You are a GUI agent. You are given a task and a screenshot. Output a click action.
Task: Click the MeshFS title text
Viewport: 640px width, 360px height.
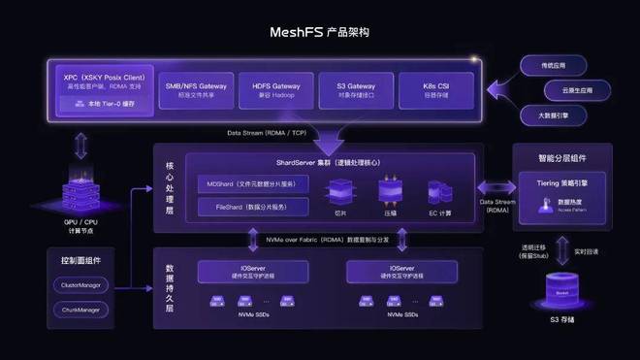coord(319,32)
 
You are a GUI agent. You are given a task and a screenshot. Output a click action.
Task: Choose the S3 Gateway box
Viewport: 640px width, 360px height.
coord(357,90)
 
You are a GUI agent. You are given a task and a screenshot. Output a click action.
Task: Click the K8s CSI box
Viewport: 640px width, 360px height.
coord(435,90)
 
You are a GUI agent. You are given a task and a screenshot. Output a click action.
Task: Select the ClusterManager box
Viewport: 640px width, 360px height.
coord(83,286)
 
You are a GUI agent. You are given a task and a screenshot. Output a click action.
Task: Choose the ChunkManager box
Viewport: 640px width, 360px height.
coord(83,310)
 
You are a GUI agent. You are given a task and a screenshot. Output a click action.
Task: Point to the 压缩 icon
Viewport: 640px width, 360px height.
coord(391,190)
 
